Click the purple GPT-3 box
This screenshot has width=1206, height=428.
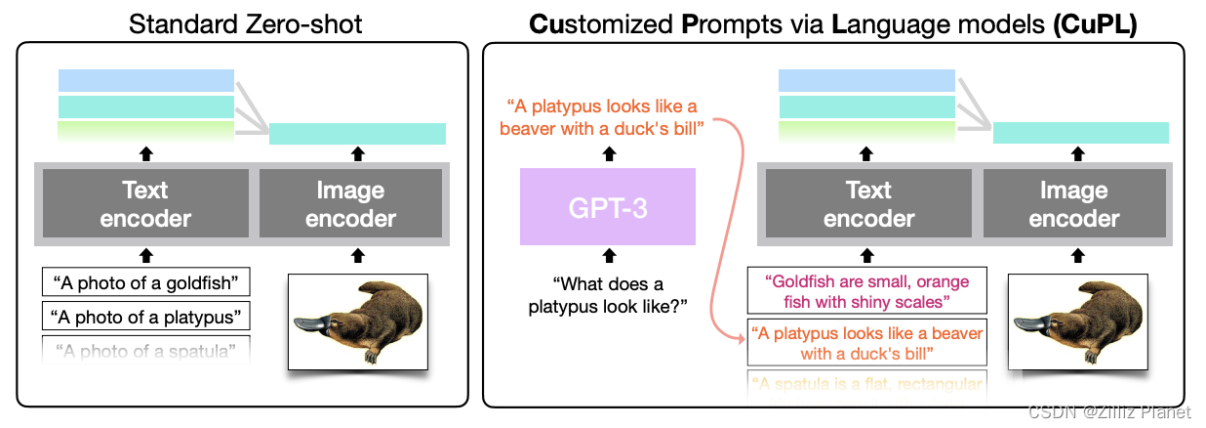point(607,206)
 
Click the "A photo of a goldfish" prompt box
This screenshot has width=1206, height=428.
point(146,284)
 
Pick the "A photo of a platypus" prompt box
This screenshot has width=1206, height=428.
point(146,317)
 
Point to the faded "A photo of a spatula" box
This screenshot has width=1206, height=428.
point(146,349)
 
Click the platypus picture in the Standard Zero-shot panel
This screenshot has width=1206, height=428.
point(357,321)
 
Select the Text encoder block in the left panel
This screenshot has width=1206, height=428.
point(145,204)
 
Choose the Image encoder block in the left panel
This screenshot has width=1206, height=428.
point(350,204)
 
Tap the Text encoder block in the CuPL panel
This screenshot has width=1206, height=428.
point(868,204)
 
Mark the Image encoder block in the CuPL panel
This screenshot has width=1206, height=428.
point(1073,204)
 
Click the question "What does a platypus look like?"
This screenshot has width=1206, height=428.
point(607,294)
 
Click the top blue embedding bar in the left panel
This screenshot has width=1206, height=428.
point(146,80)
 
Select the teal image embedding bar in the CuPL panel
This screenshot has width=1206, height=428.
point(1080,134)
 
